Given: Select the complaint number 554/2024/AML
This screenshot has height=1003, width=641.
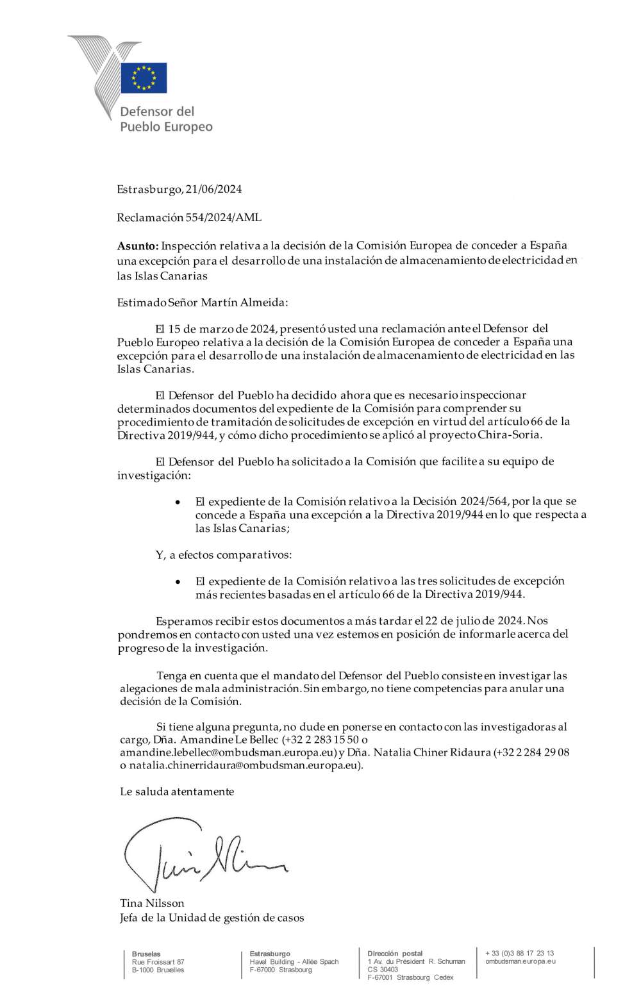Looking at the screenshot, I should click(x=223, y=217).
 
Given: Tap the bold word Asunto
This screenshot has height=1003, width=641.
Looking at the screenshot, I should click(x=137, y=245).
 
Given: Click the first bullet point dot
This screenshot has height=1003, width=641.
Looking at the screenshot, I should click(x=178, y=502).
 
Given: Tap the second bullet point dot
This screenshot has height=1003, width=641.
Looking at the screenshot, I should click(x=178, y=582).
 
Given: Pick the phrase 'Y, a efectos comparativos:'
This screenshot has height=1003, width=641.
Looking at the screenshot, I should click(x=224, y=555).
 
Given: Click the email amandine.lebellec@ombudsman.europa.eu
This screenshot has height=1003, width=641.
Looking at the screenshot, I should click(x=228, y=752).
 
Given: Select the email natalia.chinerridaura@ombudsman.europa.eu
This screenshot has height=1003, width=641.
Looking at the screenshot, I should click(x=246, y=765).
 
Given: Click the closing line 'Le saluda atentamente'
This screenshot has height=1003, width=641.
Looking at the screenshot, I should click(x=177, y=792).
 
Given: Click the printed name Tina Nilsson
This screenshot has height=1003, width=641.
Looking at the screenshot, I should click(x=152, y=903).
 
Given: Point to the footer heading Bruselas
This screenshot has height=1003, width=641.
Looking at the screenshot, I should click(x=146, y=954).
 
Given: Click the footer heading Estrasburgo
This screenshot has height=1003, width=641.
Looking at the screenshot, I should click(x=270, y=954).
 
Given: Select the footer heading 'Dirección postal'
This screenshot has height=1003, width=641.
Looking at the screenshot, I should click(x=395, y=954).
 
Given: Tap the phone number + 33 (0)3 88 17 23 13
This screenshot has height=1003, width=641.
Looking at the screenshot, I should click(x=520, y=953).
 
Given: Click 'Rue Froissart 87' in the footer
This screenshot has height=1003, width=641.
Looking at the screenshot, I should click(x=158, y=962).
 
